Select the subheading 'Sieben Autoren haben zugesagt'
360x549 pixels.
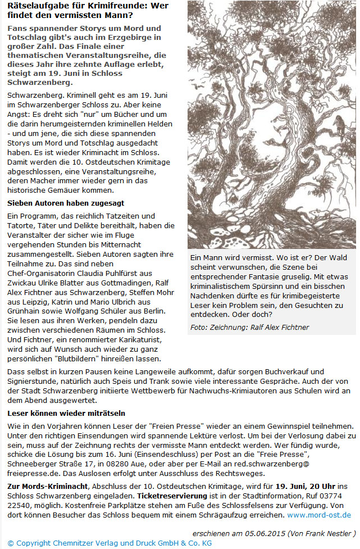(66, 203)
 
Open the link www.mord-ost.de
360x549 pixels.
(319, 515)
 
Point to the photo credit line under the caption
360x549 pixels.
(249, 328)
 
